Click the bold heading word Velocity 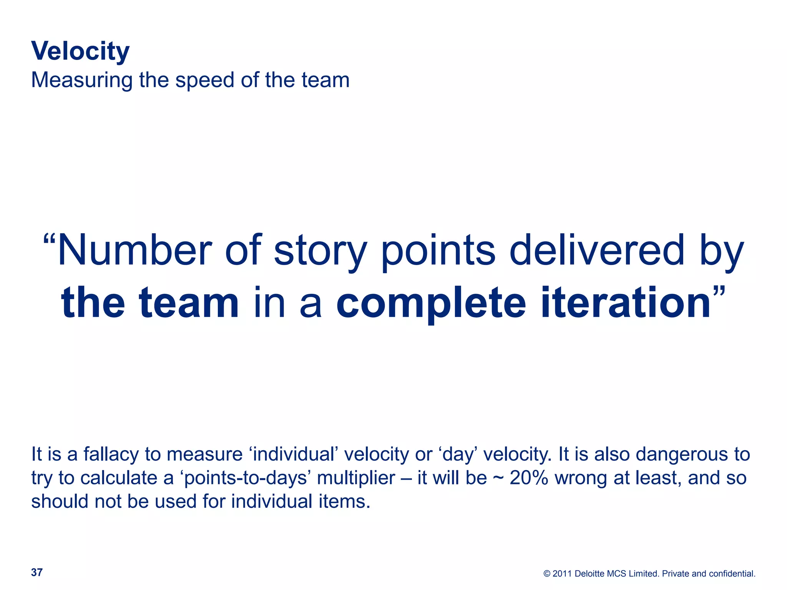click(80, 51)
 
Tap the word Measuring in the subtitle click(81, 80)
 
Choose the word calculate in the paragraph click(119, 478)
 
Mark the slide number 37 click(37, 573)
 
